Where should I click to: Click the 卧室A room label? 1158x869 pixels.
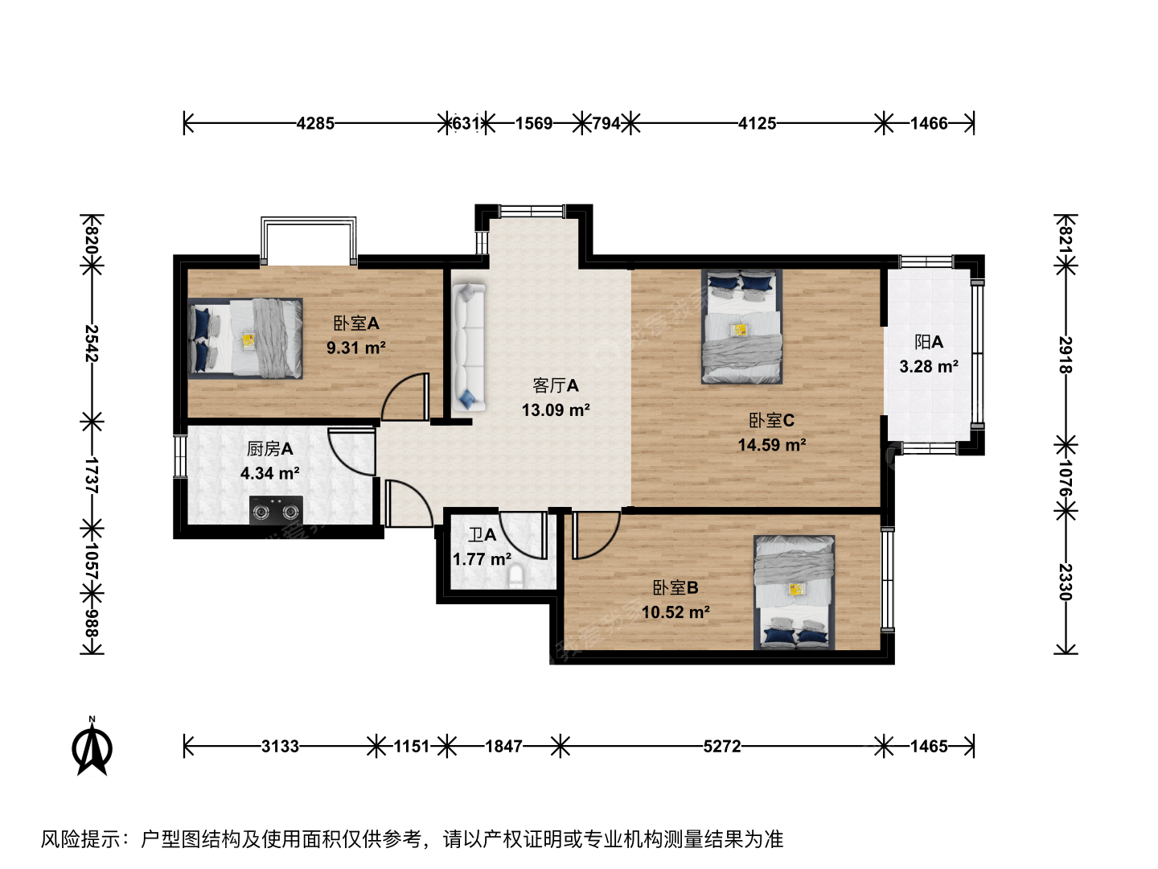356,323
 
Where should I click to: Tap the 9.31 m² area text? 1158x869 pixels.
356,348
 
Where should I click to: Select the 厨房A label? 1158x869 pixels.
270,448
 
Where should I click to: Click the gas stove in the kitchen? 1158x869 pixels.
276,510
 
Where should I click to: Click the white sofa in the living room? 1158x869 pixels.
468,347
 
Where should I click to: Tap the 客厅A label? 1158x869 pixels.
556,385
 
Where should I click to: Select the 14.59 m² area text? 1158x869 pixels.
772,445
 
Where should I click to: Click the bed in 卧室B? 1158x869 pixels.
795,592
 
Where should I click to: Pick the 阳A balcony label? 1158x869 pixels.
929,342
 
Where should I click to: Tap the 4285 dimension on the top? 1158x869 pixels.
315,123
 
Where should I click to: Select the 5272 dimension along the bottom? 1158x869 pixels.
722,746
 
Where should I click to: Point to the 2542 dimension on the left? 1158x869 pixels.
92,344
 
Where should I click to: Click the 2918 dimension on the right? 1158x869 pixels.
1066,355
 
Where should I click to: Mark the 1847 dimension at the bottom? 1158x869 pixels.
503,746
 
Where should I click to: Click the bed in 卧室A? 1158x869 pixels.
245,338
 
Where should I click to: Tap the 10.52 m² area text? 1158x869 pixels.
675,612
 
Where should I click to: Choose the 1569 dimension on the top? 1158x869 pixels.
534,123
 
